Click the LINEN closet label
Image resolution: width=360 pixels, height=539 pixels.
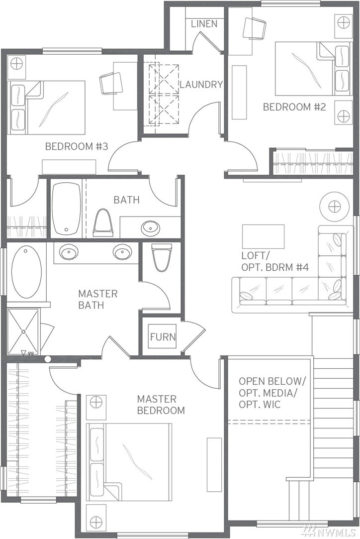pos(204,24)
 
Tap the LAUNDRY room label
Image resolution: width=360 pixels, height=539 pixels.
pos(201,84)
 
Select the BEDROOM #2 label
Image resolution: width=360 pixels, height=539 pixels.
pos(294,107)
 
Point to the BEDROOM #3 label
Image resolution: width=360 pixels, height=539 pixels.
pos(77,146)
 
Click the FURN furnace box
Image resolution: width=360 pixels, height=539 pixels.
pos(163,336)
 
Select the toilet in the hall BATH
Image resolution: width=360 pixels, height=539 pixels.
pos(103,223)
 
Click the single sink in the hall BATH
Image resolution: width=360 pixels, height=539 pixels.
pos(151,227)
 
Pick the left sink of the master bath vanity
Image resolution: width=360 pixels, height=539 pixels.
pos(70,253)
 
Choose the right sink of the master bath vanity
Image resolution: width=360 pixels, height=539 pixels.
pos(122,253)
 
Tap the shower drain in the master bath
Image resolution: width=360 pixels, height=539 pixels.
pos(23,332)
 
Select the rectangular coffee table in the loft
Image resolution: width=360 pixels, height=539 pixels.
pos(263,236)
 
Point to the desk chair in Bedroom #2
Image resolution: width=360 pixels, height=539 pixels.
pos(255,27)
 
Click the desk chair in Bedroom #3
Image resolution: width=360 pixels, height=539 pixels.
pos(111,83)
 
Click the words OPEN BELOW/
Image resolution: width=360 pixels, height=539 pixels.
pos(272,381)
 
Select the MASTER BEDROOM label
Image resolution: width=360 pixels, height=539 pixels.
pos(161,405)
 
